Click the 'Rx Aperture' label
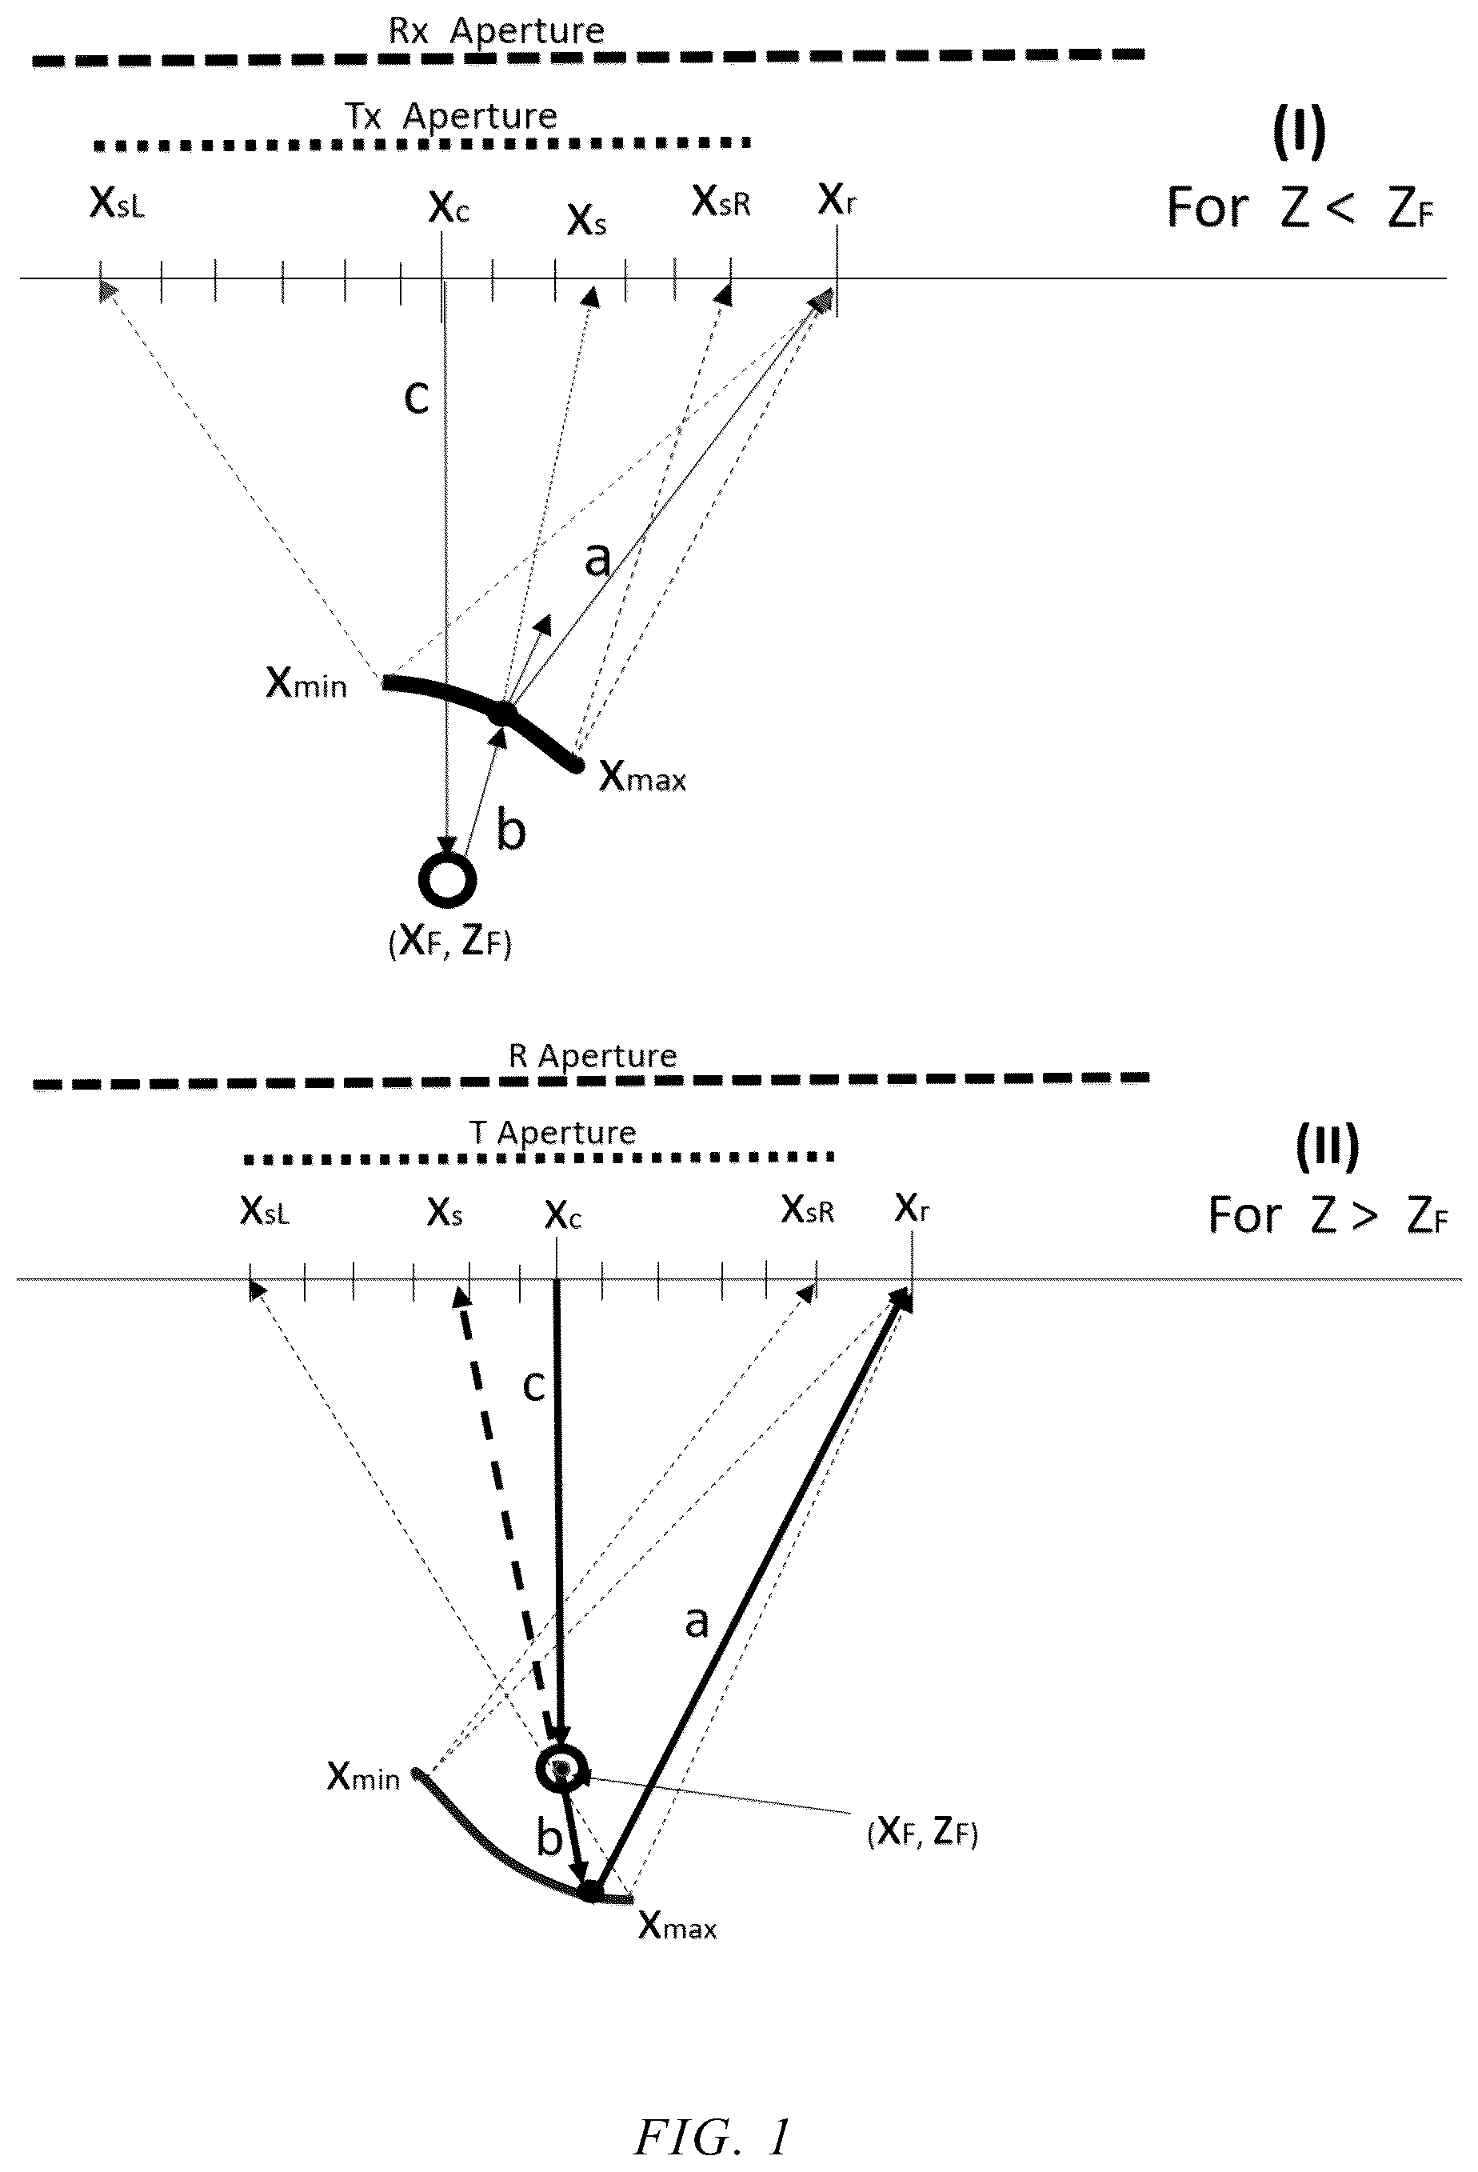[496, 31]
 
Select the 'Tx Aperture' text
[451, 116]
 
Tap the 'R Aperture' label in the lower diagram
[593, 1056]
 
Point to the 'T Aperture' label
[552, 1133]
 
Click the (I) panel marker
[1299, 132]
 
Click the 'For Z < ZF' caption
[1300, 207]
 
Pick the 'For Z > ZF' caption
[1328, 1215]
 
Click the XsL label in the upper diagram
[117, 202]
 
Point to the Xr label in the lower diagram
[912, 1206]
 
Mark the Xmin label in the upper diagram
[306, 683]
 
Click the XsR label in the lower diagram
[807, 1210]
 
